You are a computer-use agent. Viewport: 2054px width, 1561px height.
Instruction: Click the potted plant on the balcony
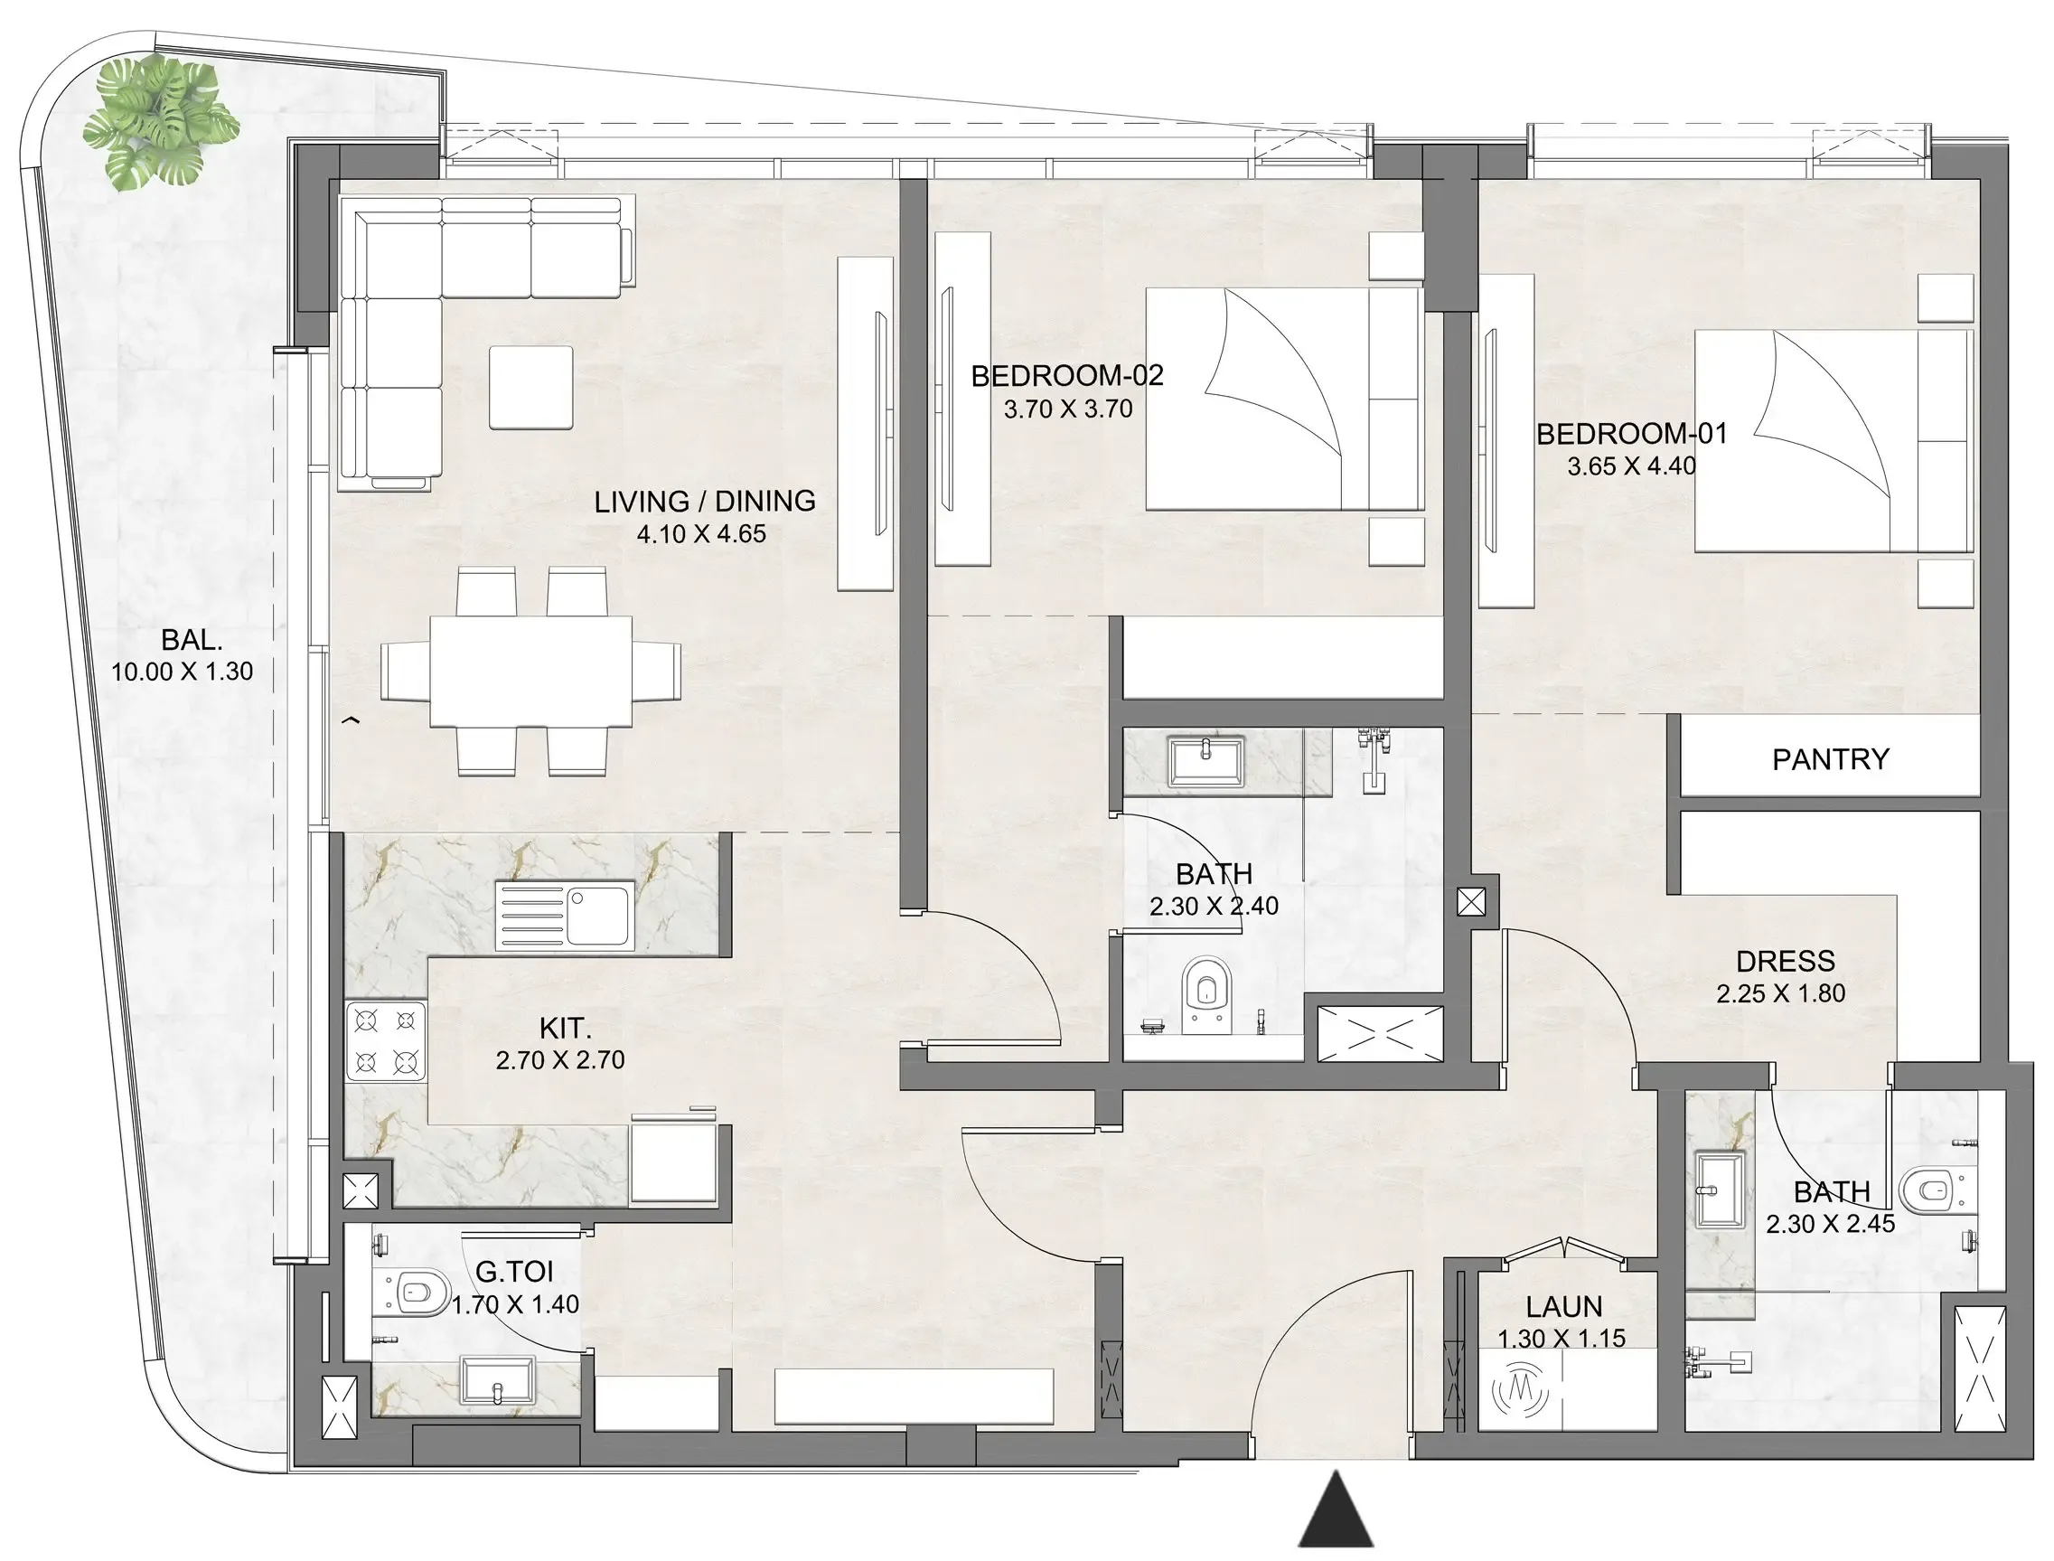(x=160, y=122)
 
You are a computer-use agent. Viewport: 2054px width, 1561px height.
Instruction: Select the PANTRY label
(x=1829, y=759)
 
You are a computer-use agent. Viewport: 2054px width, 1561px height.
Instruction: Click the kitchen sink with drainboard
(x=565, y=916)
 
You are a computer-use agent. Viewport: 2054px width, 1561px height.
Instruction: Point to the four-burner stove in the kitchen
(x=386, y=1040)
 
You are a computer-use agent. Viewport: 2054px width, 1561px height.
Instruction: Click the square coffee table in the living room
(x=530, y=388)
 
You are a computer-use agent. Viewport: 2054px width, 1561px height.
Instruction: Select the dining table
(x=530, y=671)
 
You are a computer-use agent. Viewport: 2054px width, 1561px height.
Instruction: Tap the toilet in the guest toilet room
(x=420, y=1293)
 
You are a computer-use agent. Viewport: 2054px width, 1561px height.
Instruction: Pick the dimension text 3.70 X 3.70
(x=1067, y=409)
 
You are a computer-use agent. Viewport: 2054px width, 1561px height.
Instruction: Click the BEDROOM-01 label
(x=1631, y=434)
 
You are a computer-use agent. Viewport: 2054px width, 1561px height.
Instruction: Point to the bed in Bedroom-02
(x=1282, y=400)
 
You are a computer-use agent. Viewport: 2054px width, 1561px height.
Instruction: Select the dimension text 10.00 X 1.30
(x=182, y=672)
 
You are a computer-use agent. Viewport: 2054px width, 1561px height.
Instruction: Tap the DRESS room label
(x=1785, y=961)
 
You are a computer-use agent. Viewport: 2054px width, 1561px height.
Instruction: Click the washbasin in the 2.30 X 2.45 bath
(x=1720, y=1190)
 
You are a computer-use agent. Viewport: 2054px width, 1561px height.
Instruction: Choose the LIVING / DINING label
(x=704, y=502)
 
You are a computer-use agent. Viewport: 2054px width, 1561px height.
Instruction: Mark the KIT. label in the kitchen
(x=565, y=1029)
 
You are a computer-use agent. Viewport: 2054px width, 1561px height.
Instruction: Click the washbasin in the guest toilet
(x=498, y=1381)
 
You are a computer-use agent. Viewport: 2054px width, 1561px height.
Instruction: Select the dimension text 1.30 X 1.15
(x=1562, y=1339)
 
